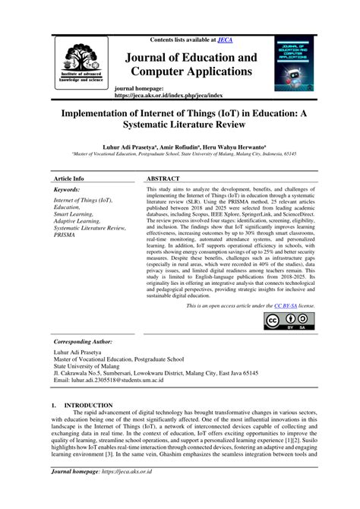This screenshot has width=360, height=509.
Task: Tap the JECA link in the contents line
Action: point(225,40)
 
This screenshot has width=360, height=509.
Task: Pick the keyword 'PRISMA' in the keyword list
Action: point(65,236)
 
